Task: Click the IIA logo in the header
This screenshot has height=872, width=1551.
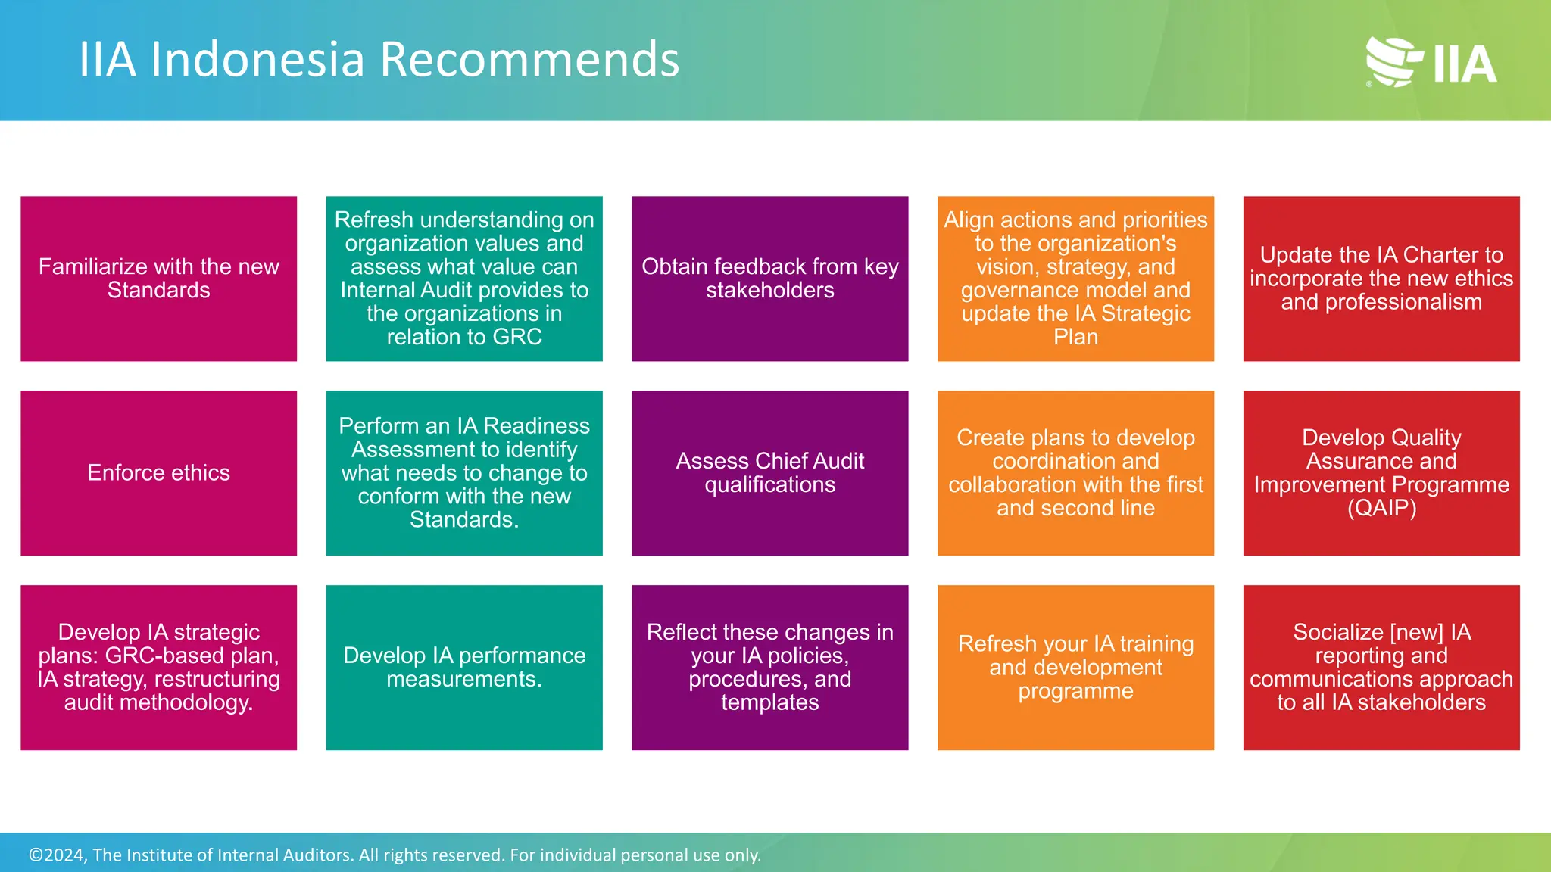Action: click(1431, 61)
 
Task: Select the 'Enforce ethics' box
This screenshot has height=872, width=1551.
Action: click(158, 473)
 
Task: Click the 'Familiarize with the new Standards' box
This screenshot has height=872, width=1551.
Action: click(158, 279)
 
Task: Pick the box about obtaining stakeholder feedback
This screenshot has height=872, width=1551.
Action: click(769, 279)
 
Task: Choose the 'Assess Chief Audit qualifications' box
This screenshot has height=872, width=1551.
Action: click(769, 473)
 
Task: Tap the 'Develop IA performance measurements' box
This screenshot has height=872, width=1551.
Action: click(463, 667)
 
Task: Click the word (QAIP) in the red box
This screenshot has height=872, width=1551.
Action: click(1381, 508)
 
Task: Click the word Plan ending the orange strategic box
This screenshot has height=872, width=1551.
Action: click(1075, 338)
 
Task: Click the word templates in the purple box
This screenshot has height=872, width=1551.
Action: click(769, 702)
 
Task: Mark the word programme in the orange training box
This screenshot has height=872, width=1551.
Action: click(1075, 691)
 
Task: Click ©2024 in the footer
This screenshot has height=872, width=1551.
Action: click(57, 855)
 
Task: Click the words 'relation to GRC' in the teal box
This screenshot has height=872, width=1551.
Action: click(463, 338)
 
